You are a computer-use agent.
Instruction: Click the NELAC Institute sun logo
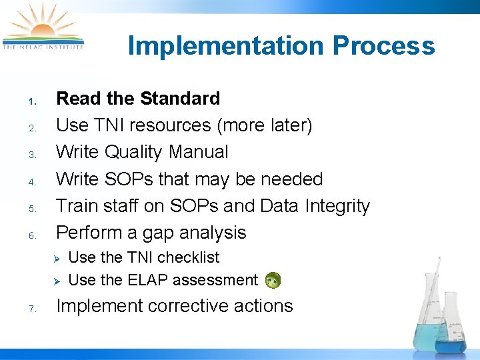tap(43, 27)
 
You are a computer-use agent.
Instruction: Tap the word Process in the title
tap(383, 47)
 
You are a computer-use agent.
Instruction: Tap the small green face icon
tap(273, 281)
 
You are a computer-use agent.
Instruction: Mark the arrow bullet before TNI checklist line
tap(57, 258)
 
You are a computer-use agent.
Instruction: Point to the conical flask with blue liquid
tap(451, 327)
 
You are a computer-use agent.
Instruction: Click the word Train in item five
tap(77, 206)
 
